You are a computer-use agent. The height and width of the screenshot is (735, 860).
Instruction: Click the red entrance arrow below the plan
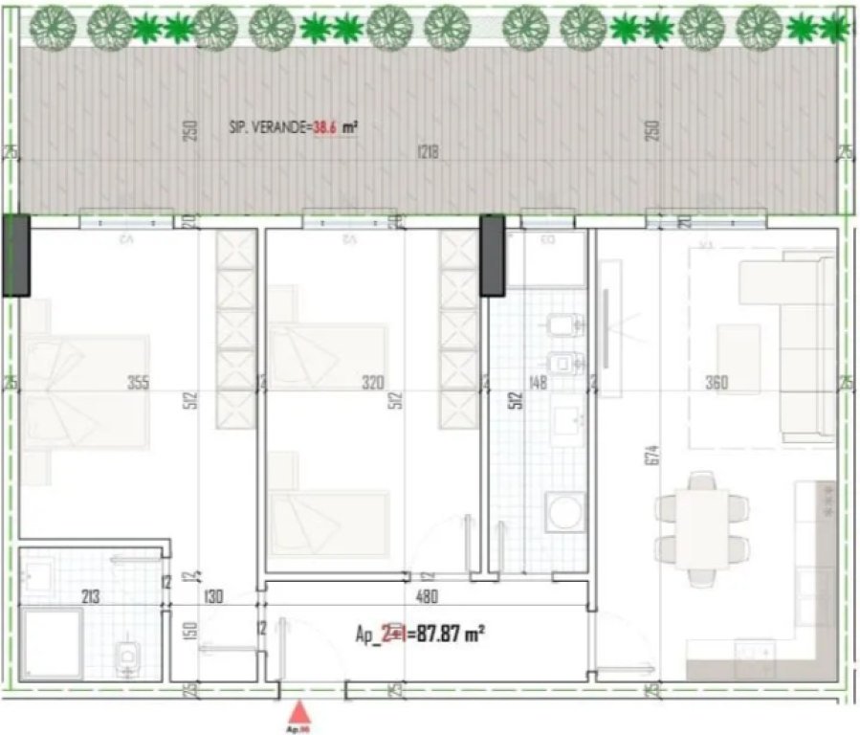300,711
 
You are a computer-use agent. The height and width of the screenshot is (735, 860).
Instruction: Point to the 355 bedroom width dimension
139,384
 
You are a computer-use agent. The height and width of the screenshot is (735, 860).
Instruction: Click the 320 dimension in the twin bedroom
372,384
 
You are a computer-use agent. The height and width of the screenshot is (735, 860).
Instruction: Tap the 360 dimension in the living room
716,384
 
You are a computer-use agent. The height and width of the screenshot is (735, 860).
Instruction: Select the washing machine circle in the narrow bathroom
563,515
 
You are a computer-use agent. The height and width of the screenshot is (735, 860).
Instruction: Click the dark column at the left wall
16,255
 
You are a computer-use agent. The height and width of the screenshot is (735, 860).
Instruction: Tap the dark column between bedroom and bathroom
492,255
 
